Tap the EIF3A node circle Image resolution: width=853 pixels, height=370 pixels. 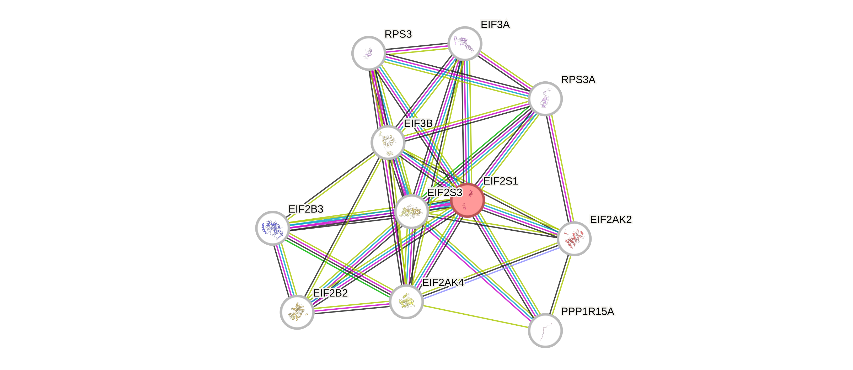pos(465,43)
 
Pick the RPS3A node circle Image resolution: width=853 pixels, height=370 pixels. pos(545,98)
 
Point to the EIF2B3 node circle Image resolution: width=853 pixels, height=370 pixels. pos(272,228)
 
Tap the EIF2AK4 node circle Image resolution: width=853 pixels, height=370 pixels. pos(406,302)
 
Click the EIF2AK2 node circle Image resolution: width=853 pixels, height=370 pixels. pos(574,239)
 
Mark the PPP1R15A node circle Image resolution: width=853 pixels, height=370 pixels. pos(545,330)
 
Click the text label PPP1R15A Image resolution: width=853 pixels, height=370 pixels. pos(587,311)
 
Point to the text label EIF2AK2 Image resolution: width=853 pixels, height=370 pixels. pos(611,219)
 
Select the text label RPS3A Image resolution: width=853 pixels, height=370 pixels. pos(578,80)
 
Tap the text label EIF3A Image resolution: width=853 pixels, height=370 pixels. pos(495,24)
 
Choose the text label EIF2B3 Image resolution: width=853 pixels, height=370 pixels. pos(306,209)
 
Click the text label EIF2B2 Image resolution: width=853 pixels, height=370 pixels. pos(330,293)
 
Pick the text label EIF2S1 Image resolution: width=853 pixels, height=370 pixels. pos(500,181)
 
